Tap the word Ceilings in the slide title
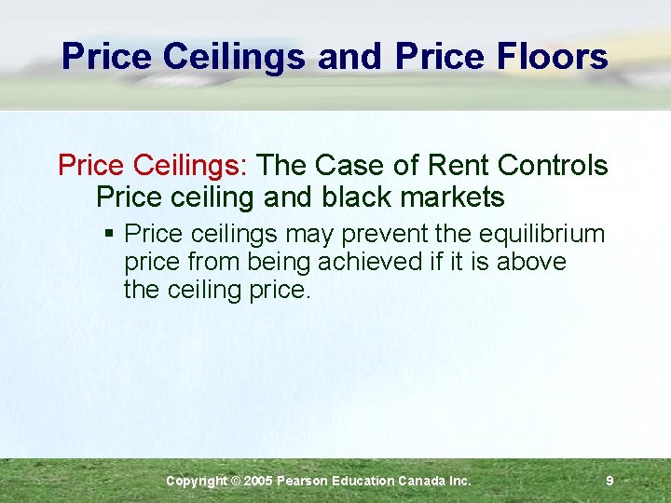pos(233,58)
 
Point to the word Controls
pos(553,166)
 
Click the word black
pos(357,197)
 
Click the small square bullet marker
pos(111,233)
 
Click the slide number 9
pos(609,481)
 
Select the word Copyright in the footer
pos(196,481)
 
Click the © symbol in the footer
pos(236,481)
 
